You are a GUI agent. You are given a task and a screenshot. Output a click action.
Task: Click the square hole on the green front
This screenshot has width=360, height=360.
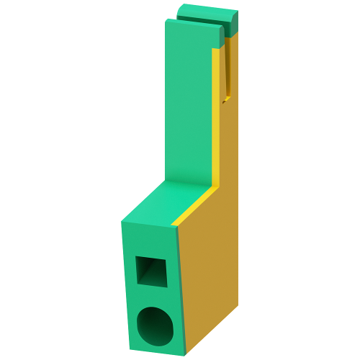point(150,272)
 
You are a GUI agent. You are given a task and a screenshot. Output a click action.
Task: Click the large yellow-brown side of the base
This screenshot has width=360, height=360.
point(209,281)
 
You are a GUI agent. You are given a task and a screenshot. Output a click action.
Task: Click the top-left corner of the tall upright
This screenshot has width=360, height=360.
point(166,21)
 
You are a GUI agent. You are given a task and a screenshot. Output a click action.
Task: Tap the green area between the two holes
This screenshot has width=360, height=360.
point(153,297)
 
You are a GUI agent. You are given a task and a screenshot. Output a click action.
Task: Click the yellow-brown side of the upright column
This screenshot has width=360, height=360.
point(230,144)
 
